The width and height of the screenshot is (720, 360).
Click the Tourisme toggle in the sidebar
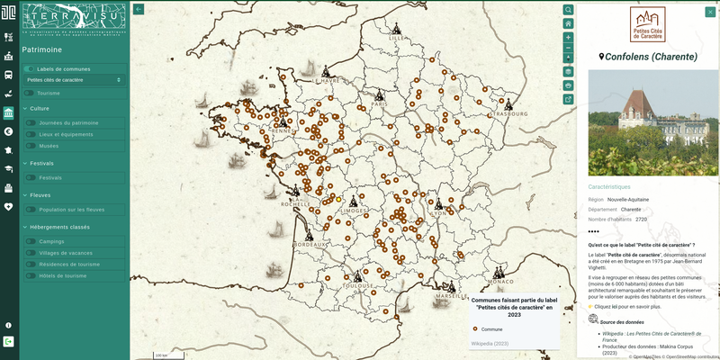31,93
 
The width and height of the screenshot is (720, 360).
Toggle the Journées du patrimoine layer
31,122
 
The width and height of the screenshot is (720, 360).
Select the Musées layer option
31,145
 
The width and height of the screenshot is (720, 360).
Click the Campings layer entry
31,241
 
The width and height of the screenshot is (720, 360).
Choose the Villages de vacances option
31,253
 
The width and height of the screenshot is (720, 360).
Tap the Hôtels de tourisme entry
31,275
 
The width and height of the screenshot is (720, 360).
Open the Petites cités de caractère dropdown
74,80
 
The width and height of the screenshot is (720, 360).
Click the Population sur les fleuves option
31,209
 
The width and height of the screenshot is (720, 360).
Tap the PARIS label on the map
379,103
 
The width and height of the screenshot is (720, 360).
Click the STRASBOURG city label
511,114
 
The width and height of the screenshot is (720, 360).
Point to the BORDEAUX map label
309,244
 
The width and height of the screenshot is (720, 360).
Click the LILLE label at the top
397,39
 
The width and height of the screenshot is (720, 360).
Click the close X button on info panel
709,12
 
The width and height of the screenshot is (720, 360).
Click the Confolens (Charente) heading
648,57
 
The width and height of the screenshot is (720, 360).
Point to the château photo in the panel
648,123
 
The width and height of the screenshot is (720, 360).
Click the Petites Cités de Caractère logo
648,24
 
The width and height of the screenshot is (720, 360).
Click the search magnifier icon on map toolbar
568,10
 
